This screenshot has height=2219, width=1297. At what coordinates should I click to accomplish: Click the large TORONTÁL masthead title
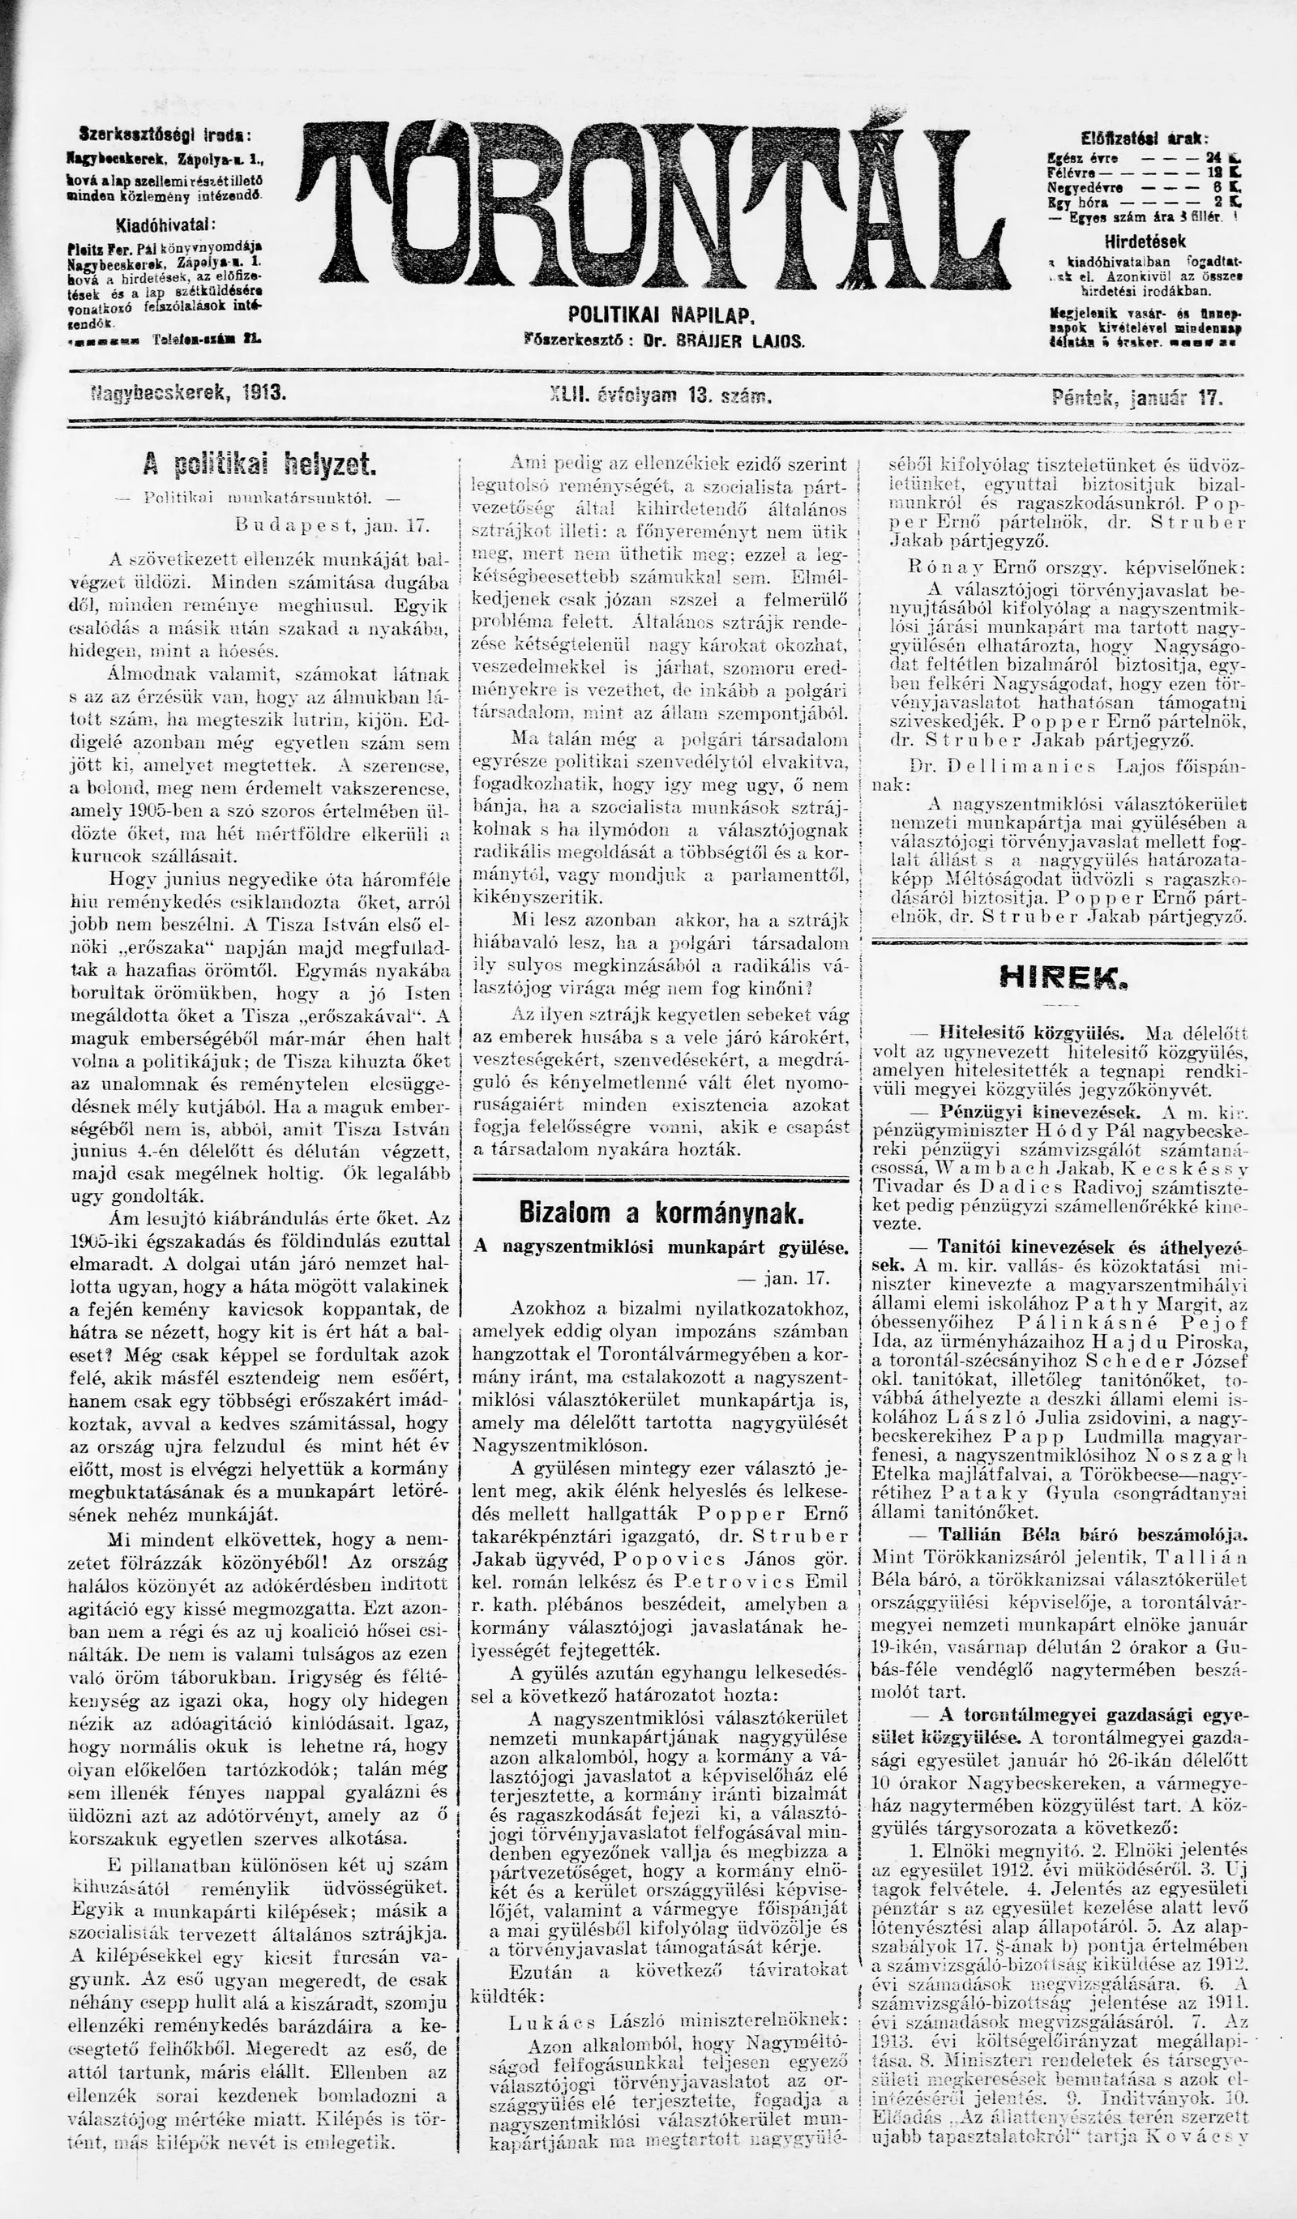click(x=657, y=211)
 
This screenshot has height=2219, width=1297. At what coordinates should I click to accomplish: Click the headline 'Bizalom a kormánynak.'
click(x=661, y=1213)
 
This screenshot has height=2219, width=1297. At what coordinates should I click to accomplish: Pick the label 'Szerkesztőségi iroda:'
click(x=165, y=136)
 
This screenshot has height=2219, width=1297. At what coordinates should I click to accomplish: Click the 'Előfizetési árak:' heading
click(x=1144, y=139)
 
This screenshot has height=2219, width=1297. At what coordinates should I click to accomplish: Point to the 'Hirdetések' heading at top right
click(x=1145, y=242)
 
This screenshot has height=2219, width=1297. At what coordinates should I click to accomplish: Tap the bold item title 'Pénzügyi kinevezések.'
click(x=1039, y=1111)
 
